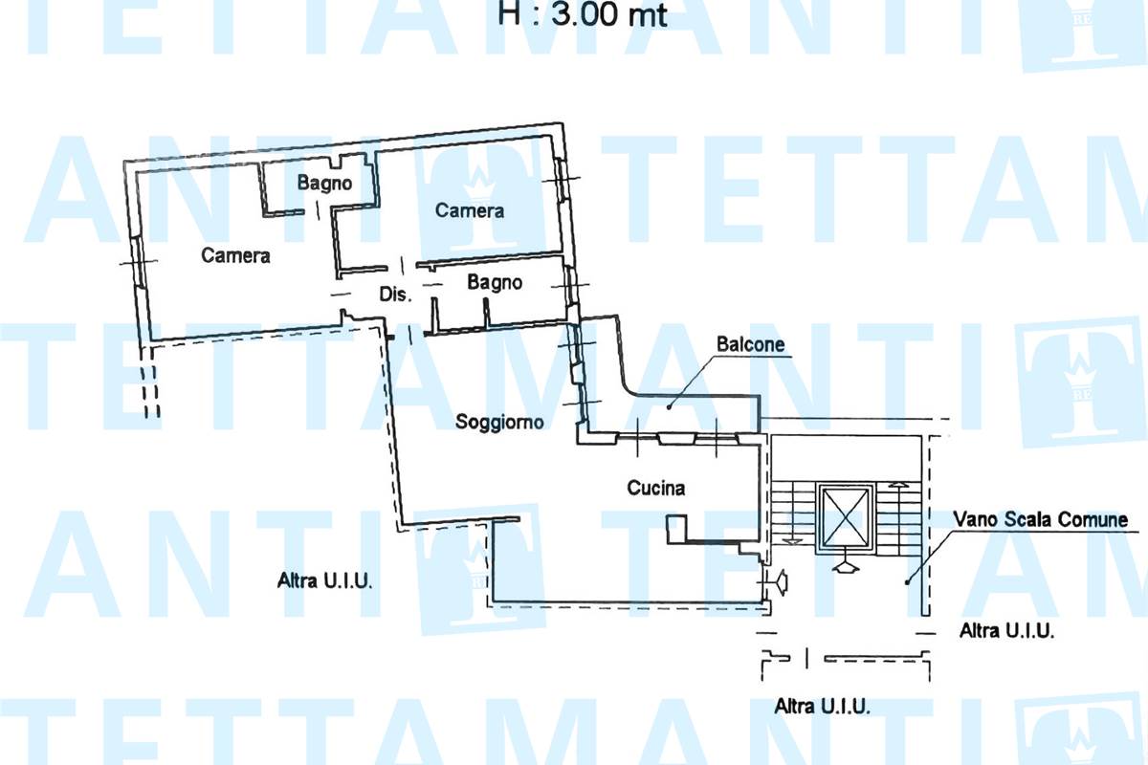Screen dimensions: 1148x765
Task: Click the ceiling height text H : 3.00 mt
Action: coord(583,14)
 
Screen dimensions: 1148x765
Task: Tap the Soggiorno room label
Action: coord(499,423)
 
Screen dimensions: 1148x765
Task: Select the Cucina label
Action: coord(656,488)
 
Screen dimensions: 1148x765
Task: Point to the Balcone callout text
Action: coord(750,344)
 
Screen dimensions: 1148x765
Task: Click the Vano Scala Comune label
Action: coord(1041,519)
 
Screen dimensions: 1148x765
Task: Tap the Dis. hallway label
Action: coord(396,295)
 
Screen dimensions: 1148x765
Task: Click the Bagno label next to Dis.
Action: coord(495,282)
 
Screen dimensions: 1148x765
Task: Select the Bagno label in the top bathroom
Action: coord(324,183)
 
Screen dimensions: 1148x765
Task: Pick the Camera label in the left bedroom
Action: coord(235,255)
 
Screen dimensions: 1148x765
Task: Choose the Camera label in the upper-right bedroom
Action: coord(470,210)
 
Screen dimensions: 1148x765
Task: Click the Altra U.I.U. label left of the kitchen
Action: coord(324,580)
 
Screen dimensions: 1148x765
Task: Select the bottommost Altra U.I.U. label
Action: coord(822,706)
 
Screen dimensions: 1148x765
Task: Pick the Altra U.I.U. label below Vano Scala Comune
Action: coord(1006,630)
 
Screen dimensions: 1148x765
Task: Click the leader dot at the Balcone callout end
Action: coord(669,407)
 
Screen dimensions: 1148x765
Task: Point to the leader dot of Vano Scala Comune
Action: coord(907,582)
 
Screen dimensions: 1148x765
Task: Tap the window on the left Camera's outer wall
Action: coord(137,261)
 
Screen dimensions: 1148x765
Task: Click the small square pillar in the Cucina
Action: coord(676,528)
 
